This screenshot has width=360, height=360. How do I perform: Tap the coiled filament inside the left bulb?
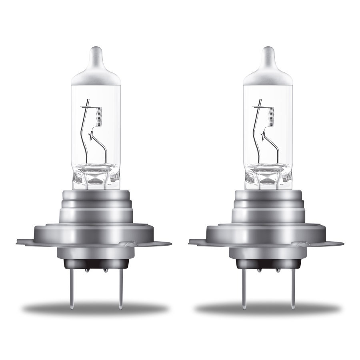pyautogui.click(x=98, y=116)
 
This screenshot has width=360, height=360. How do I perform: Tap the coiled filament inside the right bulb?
pyautogui.click(x=270, y=116)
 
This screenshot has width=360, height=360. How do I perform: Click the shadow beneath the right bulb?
pyautogui.click(x=267, y=309)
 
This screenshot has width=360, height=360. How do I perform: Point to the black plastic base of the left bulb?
pyautogui.click(x=96, y=264)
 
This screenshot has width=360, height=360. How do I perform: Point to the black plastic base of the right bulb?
pyautogui.click(x=267, y=264)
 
